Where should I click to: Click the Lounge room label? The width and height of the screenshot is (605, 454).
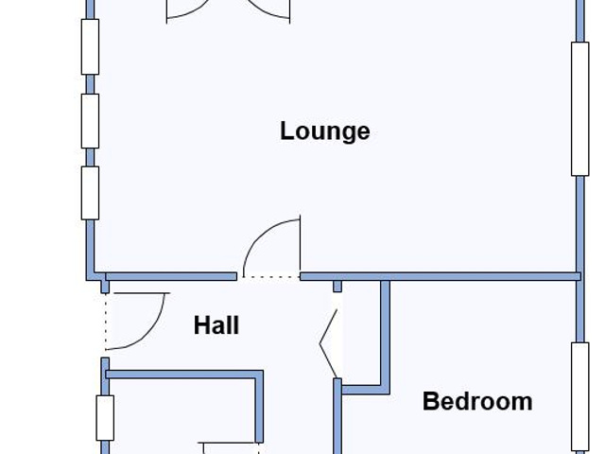tap(325, 131)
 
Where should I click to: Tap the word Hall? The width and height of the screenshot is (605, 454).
tap(216, 325)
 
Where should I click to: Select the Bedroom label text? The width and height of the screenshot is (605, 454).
tap(477, 401)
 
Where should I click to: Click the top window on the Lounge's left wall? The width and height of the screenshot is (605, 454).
tap(91, 46)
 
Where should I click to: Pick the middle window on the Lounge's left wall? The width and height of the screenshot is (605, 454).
tap(91, 121)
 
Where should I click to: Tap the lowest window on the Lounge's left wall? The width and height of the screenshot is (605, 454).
tap(91, 193)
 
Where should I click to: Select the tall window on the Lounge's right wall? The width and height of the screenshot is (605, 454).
tap(579, 109)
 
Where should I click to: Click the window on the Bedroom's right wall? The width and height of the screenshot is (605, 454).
tap(579, 397)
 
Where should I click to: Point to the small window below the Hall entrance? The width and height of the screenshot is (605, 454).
tap(105, 418)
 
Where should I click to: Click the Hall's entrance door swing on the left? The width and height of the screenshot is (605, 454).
tap(154, 328)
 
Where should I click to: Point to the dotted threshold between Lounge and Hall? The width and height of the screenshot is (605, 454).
tap(271, 277)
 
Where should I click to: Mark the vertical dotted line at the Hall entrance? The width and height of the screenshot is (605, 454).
tap(105, 322)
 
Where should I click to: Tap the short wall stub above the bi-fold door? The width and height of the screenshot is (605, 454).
tap(337, 287)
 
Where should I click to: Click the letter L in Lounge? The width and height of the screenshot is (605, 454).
tap(285, 131)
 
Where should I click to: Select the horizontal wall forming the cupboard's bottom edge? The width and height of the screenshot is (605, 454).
tap(366, 390)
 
